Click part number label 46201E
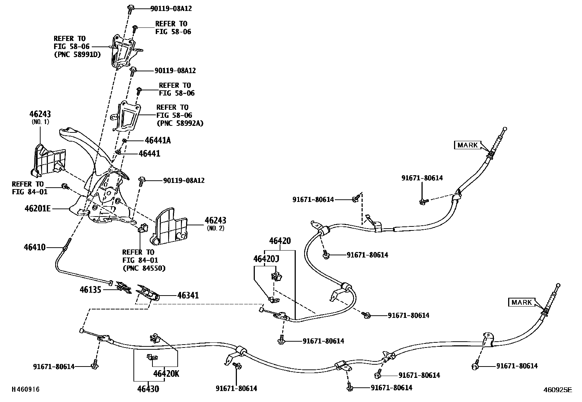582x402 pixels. [x=37, y=209]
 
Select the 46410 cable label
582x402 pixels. [x=35, y=247]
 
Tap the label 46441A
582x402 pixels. [x=158, y=140]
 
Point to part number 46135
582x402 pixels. [x=90, y=290]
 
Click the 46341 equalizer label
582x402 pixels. [x=188, y=295]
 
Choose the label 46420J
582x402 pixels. [x=266, y=259]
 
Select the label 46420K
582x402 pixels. [x=166, y=374]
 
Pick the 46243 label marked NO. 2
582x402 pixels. [x=215, y=221]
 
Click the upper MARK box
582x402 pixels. [x=468, y=145]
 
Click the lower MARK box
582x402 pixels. [x=521, y=303]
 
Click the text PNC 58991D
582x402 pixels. [x=77, y=55]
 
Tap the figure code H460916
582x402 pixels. [x=26, y=390]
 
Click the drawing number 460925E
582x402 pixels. [x=557, y=390]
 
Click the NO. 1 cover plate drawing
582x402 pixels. [x=48, y=161]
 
